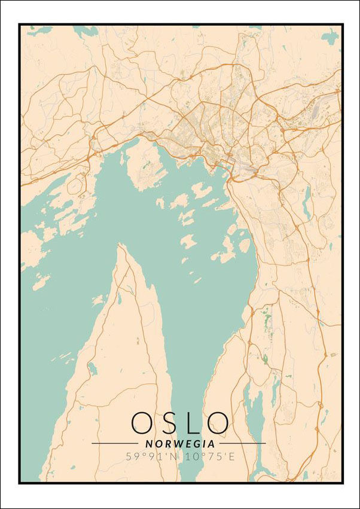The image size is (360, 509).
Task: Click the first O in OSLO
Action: point(142,423)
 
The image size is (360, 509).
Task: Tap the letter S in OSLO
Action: point(170,423)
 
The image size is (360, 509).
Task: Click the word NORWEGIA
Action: point(180,444)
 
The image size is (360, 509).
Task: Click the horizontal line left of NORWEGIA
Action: point(114,443)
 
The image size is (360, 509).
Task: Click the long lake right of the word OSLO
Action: point(255,413)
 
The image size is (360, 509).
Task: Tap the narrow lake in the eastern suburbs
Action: point(306,203)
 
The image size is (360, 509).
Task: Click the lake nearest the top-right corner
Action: point(330,37)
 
